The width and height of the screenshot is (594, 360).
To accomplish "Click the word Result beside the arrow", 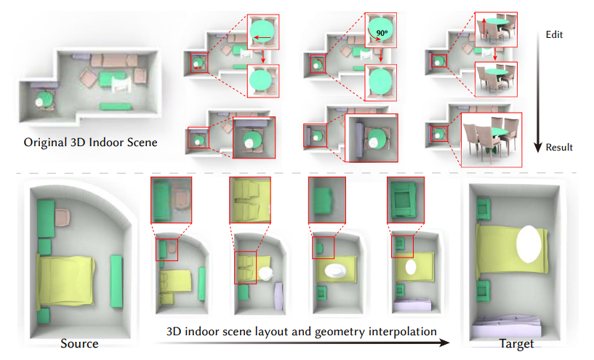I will tap(558, 148).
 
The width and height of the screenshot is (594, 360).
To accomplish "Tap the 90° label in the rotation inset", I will tap(382, 33).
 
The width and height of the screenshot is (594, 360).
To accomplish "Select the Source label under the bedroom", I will tap(79, 343).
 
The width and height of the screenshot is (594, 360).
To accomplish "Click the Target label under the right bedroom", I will tap(517, 343).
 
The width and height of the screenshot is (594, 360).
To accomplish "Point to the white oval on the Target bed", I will tap(531, 243).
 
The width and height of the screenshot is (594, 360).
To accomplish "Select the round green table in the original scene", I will tap(44, 97).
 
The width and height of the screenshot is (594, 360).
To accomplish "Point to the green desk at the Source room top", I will tap(44, 217).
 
